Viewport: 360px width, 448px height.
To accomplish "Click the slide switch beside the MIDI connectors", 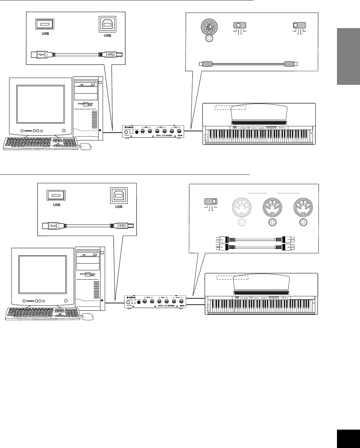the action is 210,201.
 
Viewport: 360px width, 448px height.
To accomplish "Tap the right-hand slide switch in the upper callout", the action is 300,25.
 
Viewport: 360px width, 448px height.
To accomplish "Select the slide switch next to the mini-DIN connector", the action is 239,25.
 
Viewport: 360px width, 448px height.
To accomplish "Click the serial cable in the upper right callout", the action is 247,63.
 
